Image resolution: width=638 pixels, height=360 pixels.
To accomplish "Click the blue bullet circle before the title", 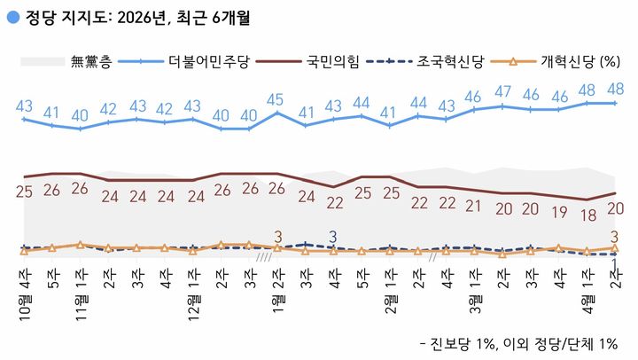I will click(10, 15).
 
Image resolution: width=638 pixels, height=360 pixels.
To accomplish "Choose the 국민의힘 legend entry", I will click(335, 62).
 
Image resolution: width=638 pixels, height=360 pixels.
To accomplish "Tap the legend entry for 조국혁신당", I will click(454, 62).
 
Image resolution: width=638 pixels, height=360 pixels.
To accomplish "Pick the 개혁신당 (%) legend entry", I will click(579, 62).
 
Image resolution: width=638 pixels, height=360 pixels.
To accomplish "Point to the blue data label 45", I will click(276, 98).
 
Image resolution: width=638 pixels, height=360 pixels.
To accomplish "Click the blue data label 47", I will click(502, 91).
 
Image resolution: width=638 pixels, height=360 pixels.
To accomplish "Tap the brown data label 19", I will click(558, 213).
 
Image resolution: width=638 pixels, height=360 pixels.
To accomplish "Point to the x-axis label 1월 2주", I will click(277, 293).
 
